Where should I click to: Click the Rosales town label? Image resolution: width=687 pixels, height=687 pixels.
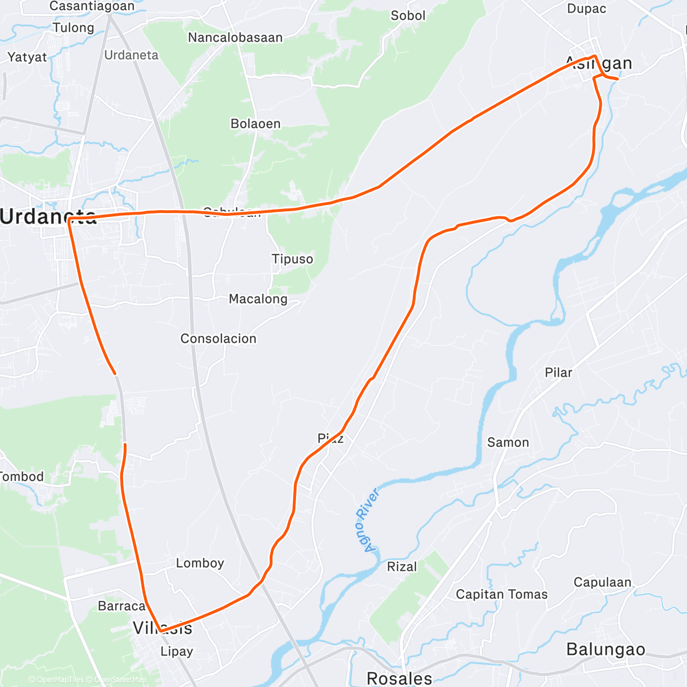[x=399, y=678]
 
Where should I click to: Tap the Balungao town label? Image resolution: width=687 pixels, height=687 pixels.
[x=606, y=649]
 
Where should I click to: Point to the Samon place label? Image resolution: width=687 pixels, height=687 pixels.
[x=508, y=442]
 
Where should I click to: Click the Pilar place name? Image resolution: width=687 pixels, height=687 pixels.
[x=558, y=373]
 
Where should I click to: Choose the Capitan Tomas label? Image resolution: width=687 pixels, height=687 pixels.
[x=502, y=594]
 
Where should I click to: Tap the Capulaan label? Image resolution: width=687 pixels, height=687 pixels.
[x=602, y=582]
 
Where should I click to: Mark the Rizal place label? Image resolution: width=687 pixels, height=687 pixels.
[x=402, y=567]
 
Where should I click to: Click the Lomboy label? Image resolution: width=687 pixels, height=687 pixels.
[x=200, y=563]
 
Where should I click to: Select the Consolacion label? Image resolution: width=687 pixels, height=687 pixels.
[x=218, y=338]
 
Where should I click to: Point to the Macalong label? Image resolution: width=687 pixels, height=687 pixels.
[x=258, y=299]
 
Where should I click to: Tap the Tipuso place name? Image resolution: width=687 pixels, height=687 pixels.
[x=292, y=259]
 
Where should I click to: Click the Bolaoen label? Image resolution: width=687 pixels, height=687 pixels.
[x=255, y=124]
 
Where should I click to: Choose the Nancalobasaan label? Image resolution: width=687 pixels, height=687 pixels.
[x=235, y=38]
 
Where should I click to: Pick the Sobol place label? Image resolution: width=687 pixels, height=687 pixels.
[x=408, y=15]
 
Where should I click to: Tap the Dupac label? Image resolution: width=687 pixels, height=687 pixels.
[x=586, y=9]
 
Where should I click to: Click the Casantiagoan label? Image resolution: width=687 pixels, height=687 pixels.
[x=92, y=6]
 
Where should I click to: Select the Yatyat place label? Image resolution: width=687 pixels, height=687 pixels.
[x=27, y=57]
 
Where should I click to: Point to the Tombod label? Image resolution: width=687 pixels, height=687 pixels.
[x=22, y=476]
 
